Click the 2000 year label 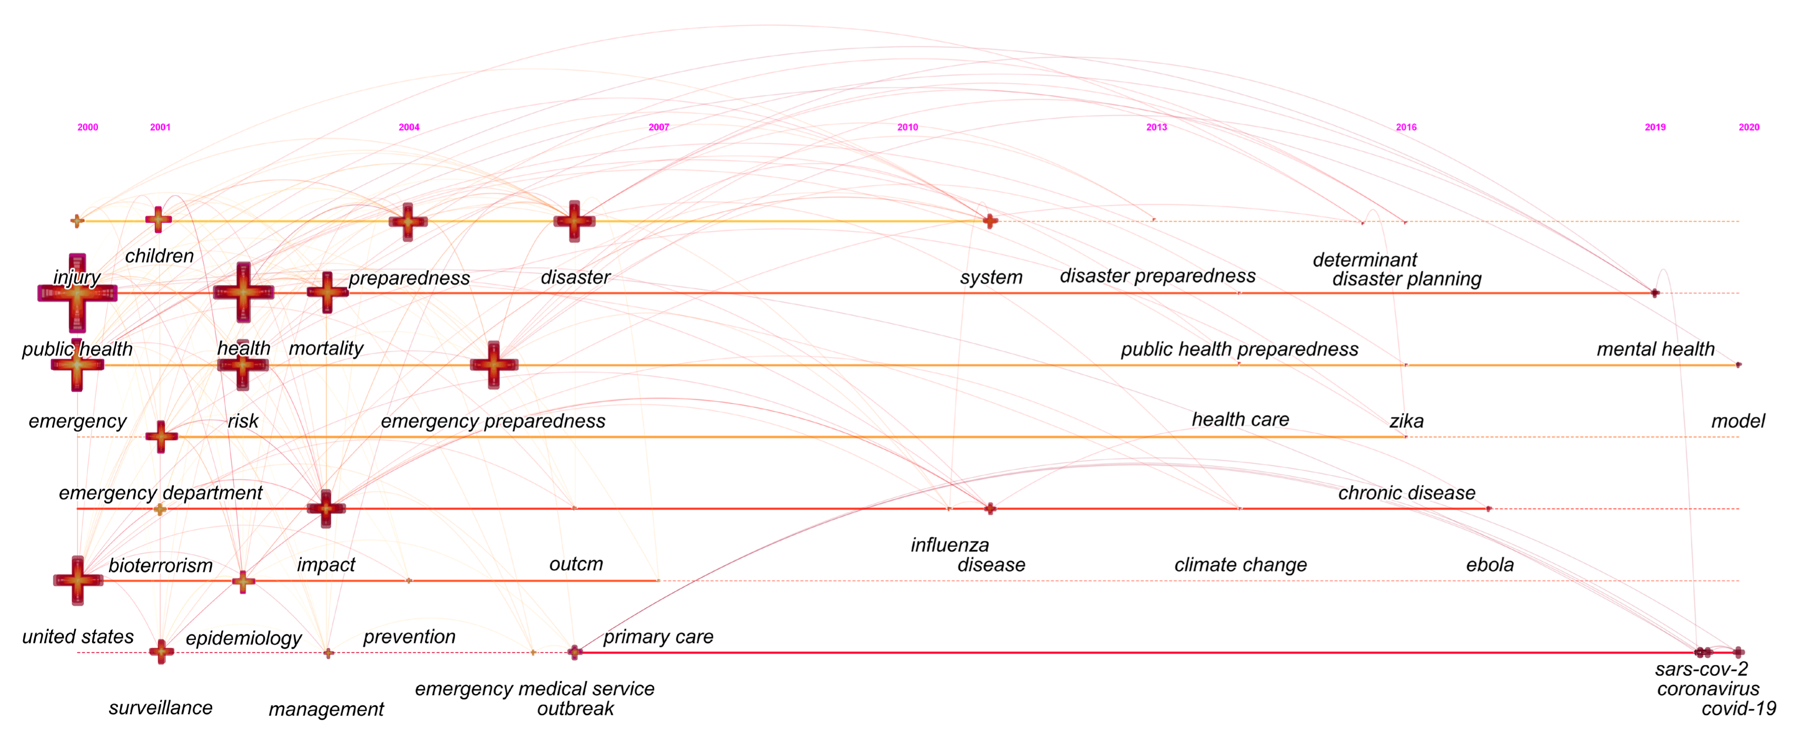point(87,127)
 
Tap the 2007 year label point(658,127)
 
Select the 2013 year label point(1156,127)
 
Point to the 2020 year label point(1748,127)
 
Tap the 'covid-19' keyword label point(1739,709)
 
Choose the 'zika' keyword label point(1406,421)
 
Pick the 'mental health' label point(1656,349)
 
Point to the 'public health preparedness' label point(1239,349)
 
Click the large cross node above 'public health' point(77,293)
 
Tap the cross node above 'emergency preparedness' point(494,364)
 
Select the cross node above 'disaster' point(575,221)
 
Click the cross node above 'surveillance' point(161,651)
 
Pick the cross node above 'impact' point(326,508)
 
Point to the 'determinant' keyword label point(1364,260)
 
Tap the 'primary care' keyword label point(658,637)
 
